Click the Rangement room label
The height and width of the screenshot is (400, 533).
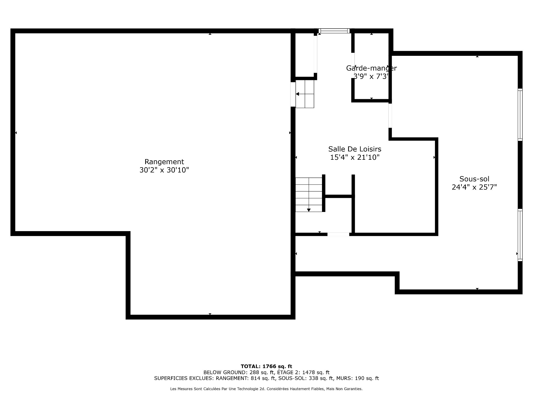(x=164, y=162)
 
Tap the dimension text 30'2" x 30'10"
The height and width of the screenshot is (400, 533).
(x=164, y=170)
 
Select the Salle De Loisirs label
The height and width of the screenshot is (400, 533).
(x=355, y=149)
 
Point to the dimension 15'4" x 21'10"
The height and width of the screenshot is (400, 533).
(x=355, y=157)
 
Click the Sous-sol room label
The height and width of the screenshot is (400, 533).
(x=474, y=179)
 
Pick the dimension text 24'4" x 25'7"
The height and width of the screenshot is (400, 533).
(x=474, y=187)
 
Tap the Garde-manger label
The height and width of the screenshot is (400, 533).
(x=371, y=68)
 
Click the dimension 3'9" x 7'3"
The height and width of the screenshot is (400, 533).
(x=371, y=76)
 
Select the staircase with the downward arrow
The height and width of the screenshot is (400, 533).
(x=308, y=195)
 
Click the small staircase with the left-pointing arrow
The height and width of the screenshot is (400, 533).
(x=305, y=94)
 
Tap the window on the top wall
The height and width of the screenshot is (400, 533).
(x=334, y=31)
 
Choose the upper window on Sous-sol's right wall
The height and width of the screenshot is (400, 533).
(x=520, y=114)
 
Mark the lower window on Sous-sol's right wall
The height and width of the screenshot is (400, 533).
(x=520, y=235)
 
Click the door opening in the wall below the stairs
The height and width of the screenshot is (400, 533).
(x=338, y=234)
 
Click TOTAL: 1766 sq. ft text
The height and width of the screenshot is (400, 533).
(x=266, y=366)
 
